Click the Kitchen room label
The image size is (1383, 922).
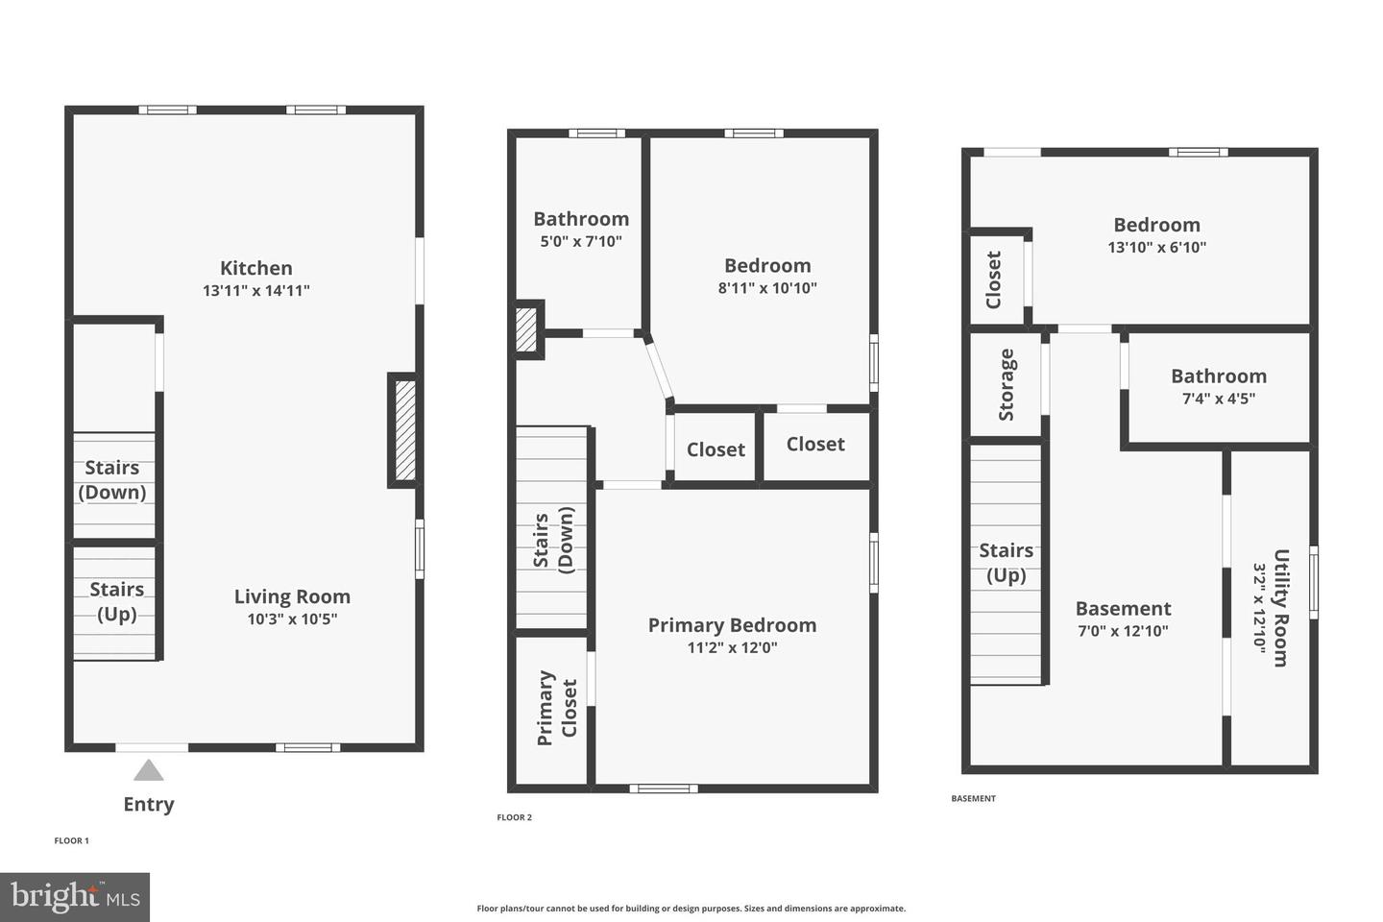click(255, 268)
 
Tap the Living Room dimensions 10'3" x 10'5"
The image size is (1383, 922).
click(292, 619)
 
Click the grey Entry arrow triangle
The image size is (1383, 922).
click(148, 770)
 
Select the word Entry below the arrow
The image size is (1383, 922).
click(149, 805)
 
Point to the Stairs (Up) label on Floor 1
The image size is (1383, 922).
click(117, 601)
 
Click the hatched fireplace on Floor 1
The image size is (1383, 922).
click(405, 430)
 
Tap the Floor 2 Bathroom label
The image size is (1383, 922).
click(581, 219)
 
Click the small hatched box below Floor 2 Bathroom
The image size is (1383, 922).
click(526, 329)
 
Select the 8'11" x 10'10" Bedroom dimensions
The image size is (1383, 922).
click(767, 288)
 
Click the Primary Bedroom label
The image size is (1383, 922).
click(732, 625)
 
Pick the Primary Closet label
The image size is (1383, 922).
click(557, 708)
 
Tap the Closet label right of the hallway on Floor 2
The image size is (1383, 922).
click(716, 449)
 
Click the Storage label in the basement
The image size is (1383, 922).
click(1007, 384)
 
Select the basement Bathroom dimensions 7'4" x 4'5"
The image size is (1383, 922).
click(1218, 399)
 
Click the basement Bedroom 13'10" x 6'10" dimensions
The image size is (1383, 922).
click(1156, 248)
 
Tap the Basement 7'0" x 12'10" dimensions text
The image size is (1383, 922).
click(1123, 631)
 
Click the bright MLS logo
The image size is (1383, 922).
click(75, 897)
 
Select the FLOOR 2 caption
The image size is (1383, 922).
click(514, 817)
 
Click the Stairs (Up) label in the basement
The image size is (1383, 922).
click(1006, 563)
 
